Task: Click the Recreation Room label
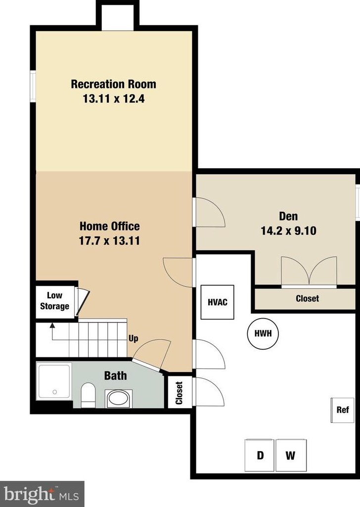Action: (113, 84)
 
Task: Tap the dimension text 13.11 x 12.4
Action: (113, 98)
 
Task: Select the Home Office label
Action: (110, 226)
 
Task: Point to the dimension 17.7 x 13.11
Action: (110, 241)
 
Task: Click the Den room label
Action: (288, 216)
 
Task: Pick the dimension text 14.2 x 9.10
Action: (288, 230)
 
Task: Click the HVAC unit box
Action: (217, 302)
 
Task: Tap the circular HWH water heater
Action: (263, 334)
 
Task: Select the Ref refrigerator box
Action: (342, 410)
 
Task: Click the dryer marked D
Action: (260, 455)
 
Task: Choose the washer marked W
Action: (290, 455)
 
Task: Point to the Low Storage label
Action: (54, 301)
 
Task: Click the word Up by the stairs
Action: (133, 339)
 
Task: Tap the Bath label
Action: (115, 376)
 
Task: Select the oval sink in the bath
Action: (119, 398)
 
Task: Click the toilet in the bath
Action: (89, 395)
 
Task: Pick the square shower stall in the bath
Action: (54, 381)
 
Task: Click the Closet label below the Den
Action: (307, 298)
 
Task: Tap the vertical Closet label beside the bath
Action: (179, 392)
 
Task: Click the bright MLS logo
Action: (42, 493)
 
